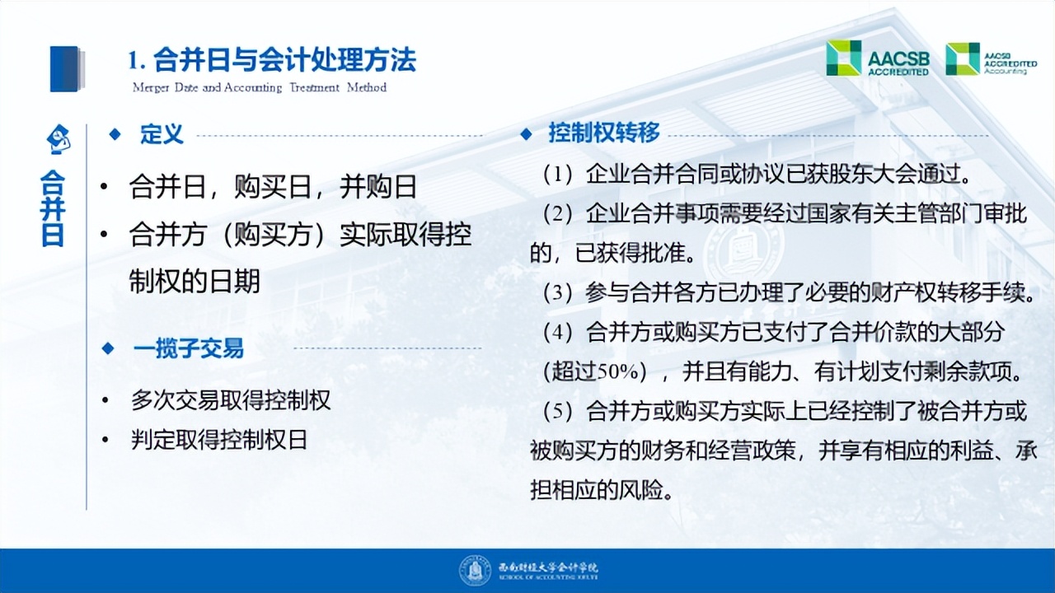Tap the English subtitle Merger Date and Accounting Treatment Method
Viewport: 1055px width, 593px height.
259,87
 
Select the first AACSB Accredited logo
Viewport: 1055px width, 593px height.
878,58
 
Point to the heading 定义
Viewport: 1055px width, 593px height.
162,134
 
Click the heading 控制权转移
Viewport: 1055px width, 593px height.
604,133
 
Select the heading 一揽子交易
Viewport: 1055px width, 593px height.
188,348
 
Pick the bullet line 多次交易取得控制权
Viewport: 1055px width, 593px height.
231,401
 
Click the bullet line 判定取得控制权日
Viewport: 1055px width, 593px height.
219,440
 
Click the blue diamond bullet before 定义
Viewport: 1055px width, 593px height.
115,133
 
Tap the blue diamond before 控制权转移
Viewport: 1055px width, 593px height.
526,133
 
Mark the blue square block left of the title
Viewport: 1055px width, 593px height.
66,68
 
